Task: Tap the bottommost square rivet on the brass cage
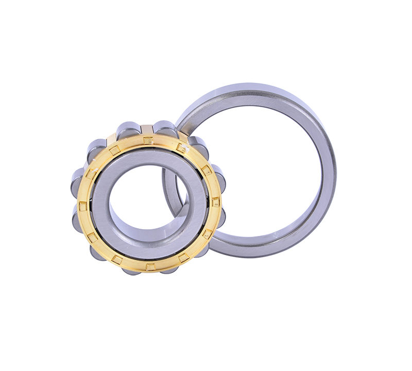point(150,266)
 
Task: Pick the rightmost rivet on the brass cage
point(216,203)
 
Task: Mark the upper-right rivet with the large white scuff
point(181,148)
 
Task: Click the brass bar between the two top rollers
point(147,128)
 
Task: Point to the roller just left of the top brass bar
point(128,129)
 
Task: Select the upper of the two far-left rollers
point(79,178)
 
